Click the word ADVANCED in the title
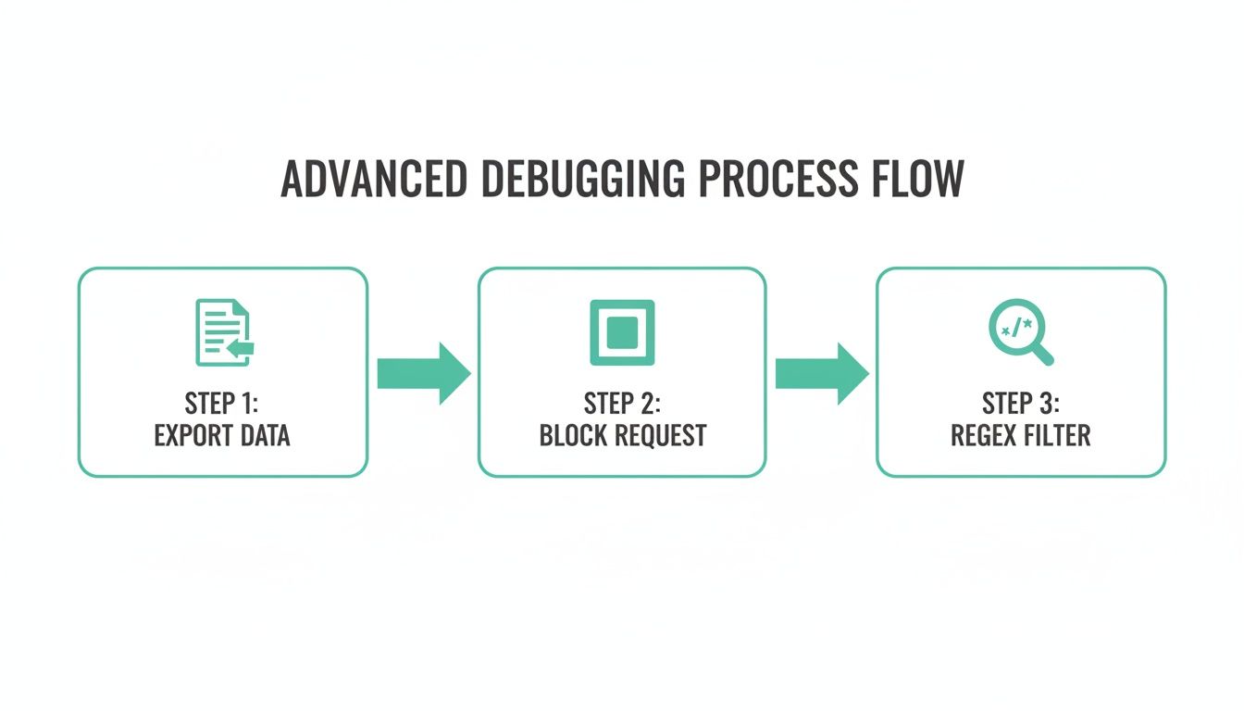tap(373, 180)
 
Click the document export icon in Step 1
tap(223, 332)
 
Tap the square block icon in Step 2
tap(622, 332)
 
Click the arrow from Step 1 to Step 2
tap(424, 373)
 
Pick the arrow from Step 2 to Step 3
tap(821, 373)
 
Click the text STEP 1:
tap(222, 405)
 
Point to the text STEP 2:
tap(622, 405)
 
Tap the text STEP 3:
tap(1020, 405)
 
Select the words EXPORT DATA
tap(222, 435)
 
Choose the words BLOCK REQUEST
tap(622, 435)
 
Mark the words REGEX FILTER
tap(1020, 435)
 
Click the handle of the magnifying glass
tap(1042, 354)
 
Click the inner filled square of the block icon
tap(622, 332)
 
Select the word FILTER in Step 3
tap(1056, 435)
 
